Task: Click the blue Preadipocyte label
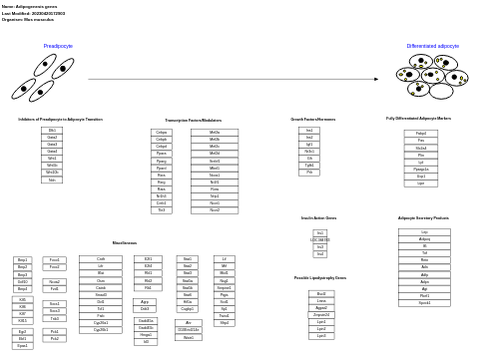point(58,46)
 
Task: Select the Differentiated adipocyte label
point(432,46)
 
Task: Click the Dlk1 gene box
point(53,131)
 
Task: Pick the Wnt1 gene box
point(53,159)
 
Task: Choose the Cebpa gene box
point(162,132)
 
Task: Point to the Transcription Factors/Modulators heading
point(194,120)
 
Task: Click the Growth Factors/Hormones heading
point(312,119)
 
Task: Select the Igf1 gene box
point(309,145)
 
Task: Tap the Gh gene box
point(309,159)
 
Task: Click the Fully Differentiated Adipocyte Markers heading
point(418,119)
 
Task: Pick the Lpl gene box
point(420,163)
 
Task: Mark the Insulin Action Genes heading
point(318,217)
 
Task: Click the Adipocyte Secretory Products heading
point(423,217)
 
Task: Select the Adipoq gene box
point(424,239)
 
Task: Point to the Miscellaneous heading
point(124,242)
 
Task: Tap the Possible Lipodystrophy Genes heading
point(320,278)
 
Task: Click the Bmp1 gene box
point(22,260)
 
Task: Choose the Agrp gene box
point(146,301)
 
